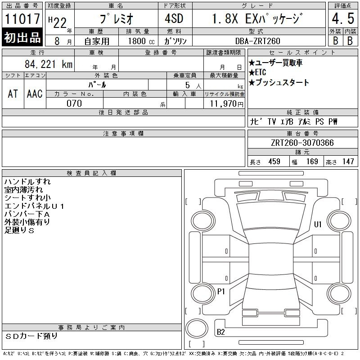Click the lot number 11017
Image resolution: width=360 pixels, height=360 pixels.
pos(22,19)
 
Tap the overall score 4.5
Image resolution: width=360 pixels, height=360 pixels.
pos(343,18)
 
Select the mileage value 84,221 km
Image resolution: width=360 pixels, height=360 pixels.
pos(49,64)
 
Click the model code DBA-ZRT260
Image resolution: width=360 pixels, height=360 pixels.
pos(257,41)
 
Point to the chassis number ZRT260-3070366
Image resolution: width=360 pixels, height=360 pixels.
pos(302,143)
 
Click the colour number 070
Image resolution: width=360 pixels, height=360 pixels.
pos(74,103)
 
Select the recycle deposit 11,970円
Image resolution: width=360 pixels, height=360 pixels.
pos(226,104)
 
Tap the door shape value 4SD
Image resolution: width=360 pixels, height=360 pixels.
pos(174,18)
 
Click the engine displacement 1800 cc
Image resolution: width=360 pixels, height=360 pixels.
pos(141,41)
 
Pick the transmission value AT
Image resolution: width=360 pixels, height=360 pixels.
pos(13,94)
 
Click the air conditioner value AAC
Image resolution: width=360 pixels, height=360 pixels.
pos(35,94)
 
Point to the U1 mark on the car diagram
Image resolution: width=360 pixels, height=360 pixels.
pos(318,224)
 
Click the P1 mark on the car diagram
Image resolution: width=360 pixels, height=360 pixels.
pos(221,292)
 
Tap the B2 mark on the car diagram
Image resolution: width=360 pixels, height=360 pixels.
pos(220,332)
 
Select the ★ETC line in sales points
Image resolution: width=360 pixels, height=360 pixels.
pos(257,72)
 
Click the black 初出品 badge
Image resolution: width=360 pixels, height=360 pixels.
pos(22,37)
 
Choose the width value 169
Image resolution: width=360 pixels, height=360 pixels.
pos(312,162)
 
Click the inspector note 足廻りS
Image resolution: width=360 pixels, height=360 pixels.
pos(19,230)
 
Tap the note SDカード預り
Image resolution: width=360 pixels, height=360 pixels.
pos(31,336)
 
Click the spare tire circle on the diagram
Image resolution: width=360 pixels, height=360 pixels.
pos(197,328)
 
